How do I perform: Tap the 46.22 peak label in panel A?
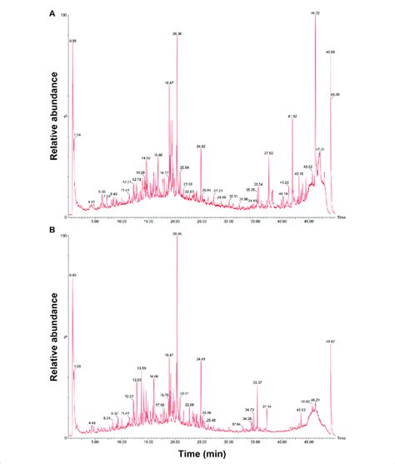point(315,13)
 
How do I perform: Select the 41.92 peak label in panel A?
point(292,116)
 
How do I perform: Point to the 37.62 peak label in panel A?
point(268,152)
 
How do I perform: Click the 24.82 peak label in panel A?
point(201,147)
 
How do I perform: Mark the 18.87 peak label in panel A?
point(169,83)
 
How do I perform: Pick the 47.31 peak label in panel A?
point(320,149)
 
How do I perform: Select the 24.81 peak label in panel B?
point(200,359)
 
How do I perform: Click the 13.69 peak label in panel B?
point(141,368)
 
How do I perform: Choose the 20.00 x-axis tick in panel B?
point(176,443)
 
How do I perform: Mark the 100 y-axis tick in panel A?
point(66,15)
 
